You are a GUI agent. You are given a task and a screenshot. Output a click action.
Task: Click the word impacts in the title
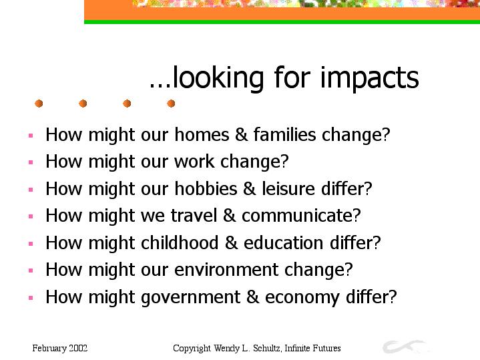click(369, 78)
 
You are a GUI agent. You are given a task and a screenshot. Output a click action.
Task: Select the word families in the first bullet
click(284, 134)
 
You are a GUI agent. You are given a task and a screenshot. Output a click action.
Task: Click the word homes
click(202, 134)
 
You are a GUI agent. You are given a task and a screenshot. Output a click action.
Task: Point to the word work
click(194, 161)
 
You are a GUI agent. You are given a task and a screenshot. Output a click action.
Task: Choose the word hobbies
click(206, 188)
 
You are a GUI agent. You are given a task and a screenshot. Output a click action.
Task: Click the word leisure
click(288, 188)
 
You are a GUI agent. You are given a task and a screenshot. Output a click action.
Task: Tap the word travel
click(194, 215)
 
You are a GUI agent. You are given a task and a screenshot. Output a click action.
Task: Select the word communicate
click(298, 215)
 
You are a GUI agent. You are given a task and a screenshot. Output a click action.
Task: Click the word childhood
click(180, 242)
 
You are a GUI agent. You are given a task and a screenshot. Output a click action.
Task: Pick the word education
click(284, 242)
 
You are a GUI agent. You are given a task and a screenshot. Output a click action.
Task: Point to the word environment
click(226, 269)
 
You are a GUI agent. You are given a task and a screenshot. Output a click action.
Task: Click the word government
click(191, 297)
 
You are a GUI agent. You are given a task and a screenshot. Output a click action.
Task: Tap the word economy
click(302, 297)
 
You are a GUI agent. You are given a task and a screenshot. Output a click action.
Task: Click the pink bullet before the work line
click(31, 162)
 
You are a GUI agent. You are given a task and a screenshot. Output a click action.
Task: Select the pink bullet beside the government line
click(31, 297)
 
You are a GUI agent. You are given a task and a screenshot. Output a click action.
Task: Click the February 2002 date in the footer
click(60, 348)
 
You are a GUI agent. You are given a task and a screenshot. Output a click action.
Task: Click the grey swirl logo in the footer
click(403, 346)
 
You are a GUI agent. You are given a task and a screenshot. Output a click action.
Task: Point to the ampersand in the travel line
click(230, 215)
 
